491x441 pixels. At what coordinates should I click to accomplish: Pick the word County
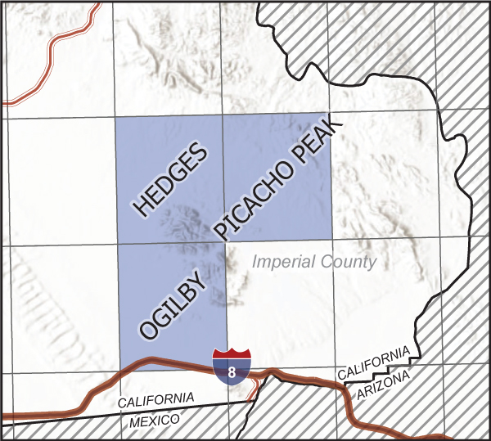[350, 263]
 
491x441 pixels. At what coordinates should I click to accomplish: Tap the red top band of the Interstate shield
[232, 353]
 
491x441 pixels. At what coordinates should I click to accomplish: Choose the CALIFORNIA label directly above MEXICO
[155, 401]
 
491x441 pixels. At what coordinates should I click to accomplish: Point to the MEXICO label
[154, 420]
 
